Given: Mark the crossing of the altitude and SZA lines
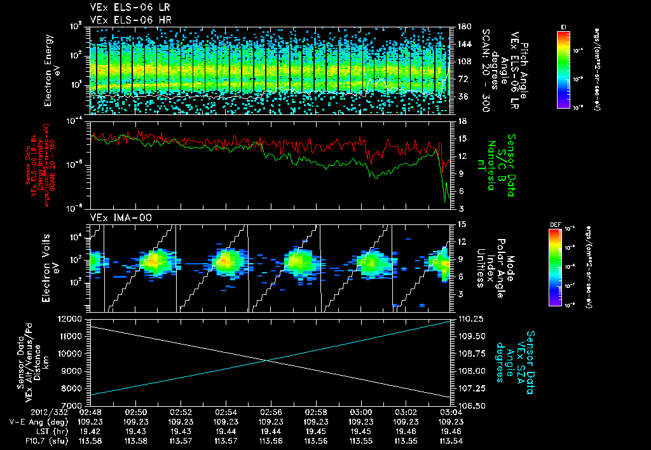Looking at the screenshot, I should coord(268,360).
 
